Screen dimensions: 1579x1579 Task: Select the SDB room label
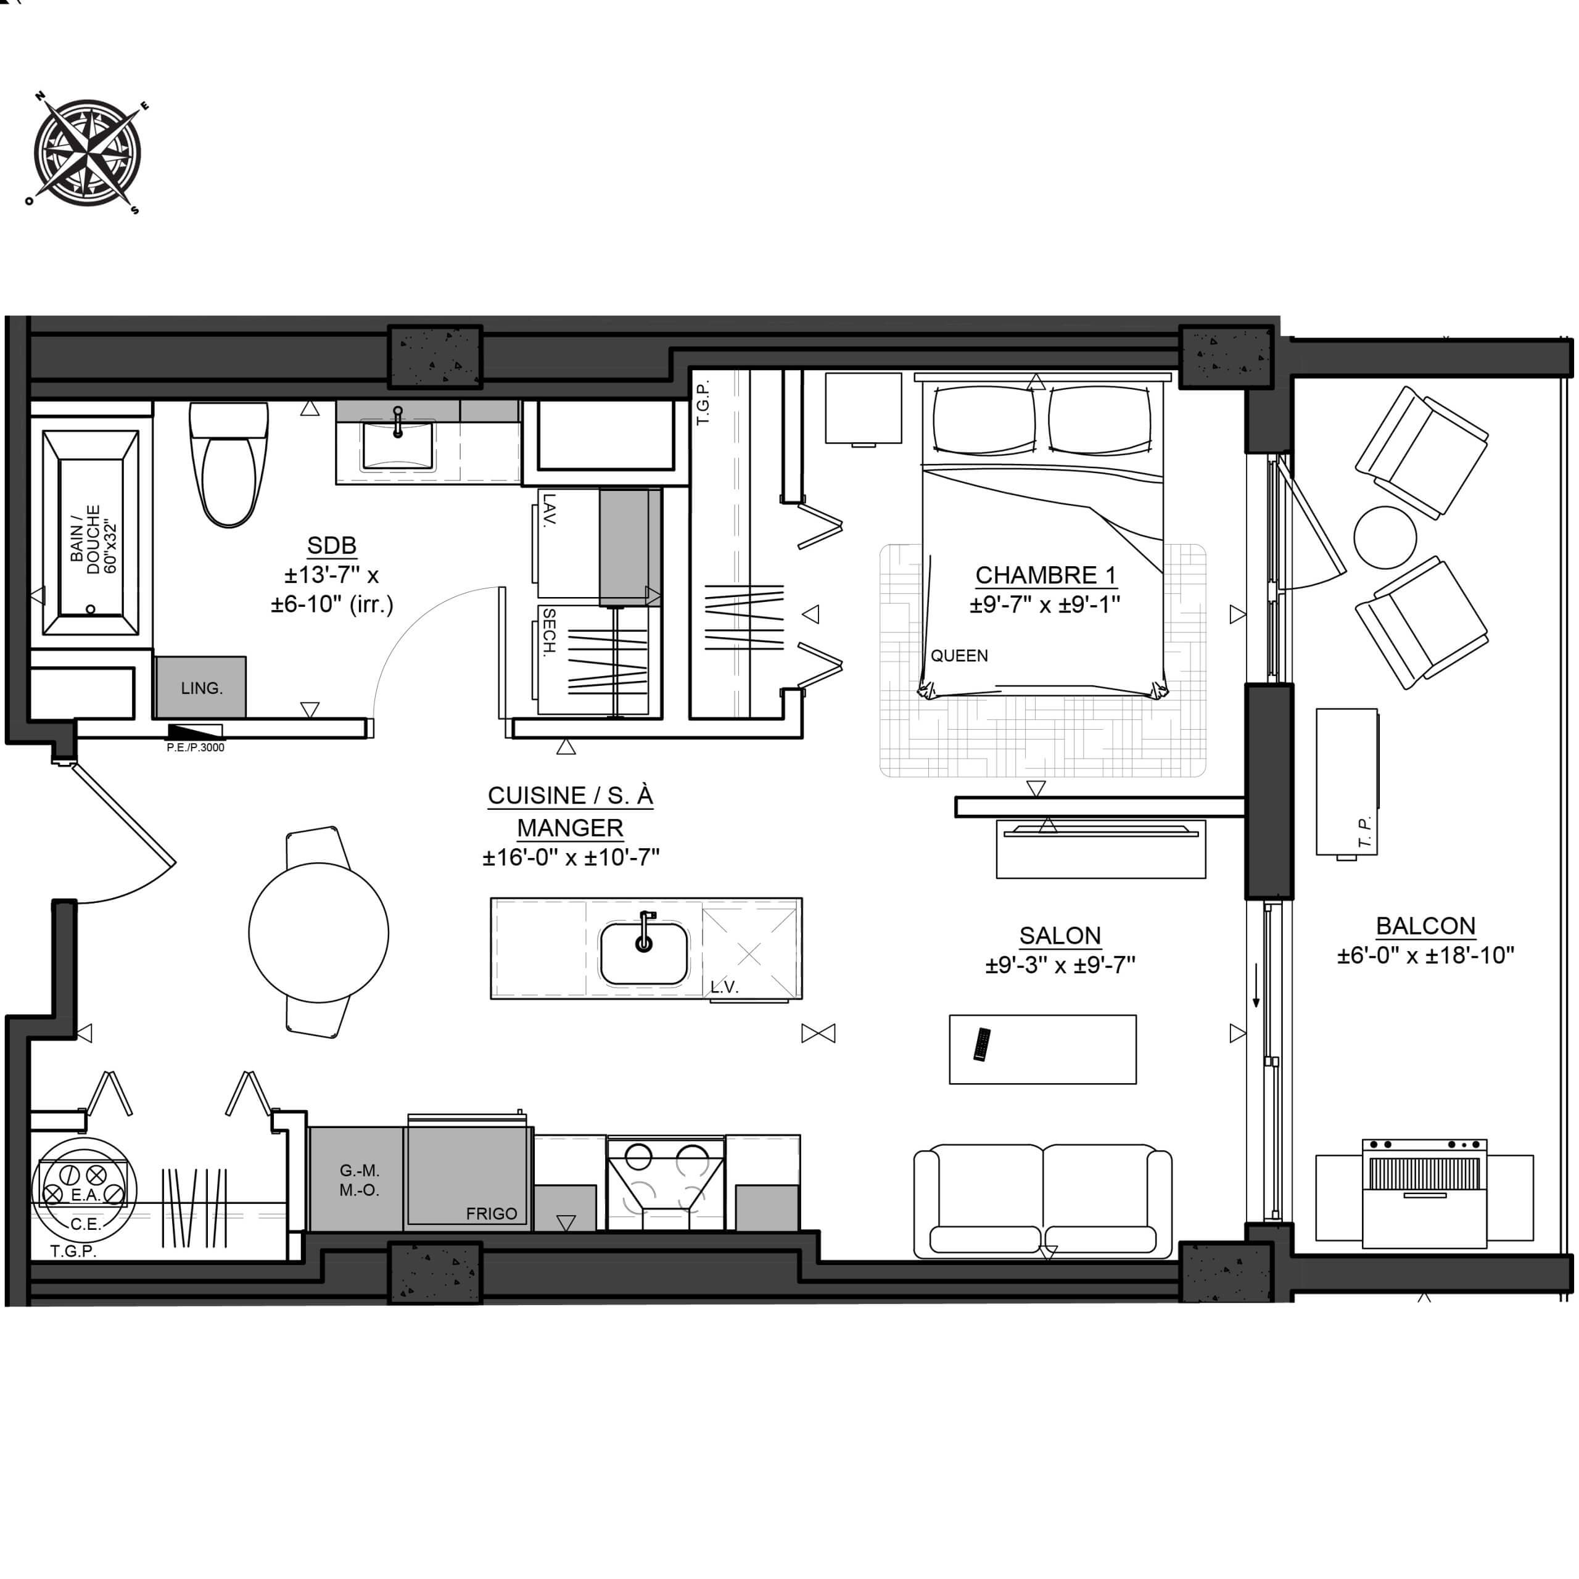332,546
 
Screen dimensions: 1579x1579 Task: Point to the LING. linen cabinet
200,687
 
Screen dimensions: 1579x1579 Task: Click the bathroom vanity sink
398,445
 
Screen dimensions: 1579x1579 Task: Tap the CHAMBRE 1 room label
1045,575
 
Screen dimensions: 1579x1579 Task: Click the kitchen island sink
644,953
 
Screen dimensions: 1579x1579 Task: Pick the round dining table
319,933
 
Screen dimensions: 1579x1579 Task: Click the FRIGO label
491,1214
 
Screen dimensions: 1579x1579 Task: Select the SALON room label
1060,936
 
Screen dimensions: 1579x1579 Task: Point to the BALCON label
1425,926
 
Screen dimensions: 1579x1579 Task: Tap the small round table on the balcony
1385,538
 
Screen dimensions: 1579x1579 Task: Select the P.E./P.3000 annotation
196,747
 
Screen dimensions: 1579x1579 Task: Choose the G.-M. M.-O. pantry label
360,1180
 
